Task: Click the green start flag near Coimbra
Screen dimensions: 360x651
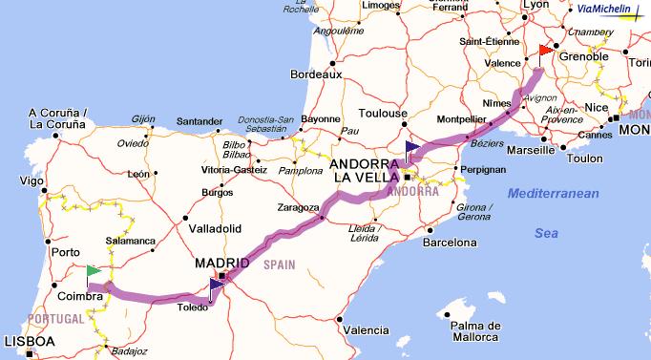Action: [x=93, y=272]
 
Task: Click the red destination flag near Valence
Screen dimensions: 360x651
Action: [x=544, y=50]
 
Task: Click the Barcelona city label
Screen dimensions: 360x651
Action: [x=450, y=243]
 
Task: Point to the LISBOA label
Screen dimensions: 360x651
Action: [x=30, y=341]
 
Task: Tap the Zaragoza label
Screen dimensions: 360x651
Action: [x=299, y=207]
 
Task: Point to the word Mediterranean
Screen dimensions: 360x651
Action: [x=553, y=194]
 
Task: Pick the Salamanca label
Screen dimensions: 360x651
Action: [x=131, y=241]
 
